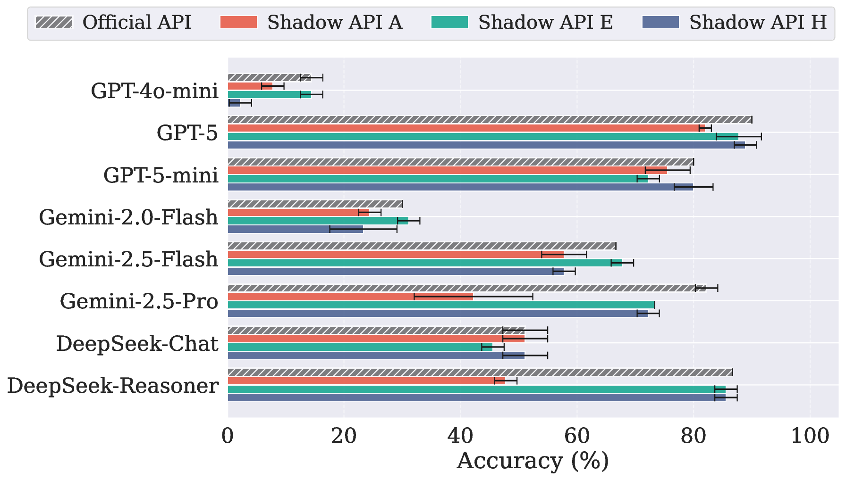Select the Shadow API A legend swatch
[x=238, y=22]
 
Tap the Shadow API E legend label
[x=545, y=22]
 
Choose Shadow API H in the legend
[x=758, y=22]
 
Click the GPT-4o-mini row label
[x=154, y=91]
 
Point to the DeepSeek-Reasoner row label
[x=113, y=386]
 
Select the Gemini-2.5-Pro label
[x=139, y=301]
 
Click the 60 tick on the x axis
[x=577, y=436]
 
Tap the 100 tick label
[x=810, y=436]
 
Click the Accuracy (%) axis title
[x=533, y=461]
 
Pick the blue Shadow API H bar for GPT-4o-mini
[x=234, y=103]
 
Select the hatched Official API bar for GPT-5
[x=490, y=120]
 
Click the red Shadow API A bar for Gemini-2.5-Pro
[x=350, y=297]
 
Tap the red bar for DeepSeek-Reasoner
[x=366, y=381]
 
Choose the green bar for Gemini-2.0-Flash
[x=318, y=221]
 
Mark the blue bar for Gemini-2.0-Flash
[x=296, y=229]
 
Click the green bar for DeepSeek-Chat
[x=360, y=347]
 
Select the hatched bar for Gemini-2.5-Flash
[x=422, y=246]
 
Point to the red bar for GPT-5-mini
[x=447, y=170]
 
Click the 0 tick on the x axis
[x=228, y=436]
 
